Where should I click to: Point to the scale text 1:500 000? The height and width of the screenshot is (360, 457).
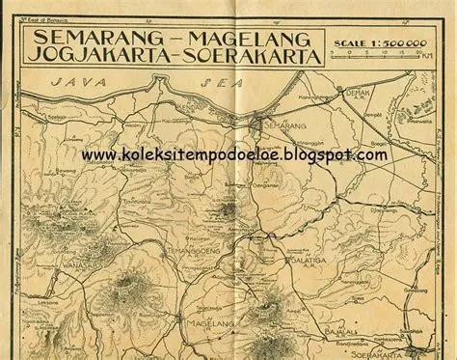(x=392, y=43)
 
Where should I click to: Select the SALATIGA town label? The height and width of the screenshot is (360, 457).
(x=310, y=259)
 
